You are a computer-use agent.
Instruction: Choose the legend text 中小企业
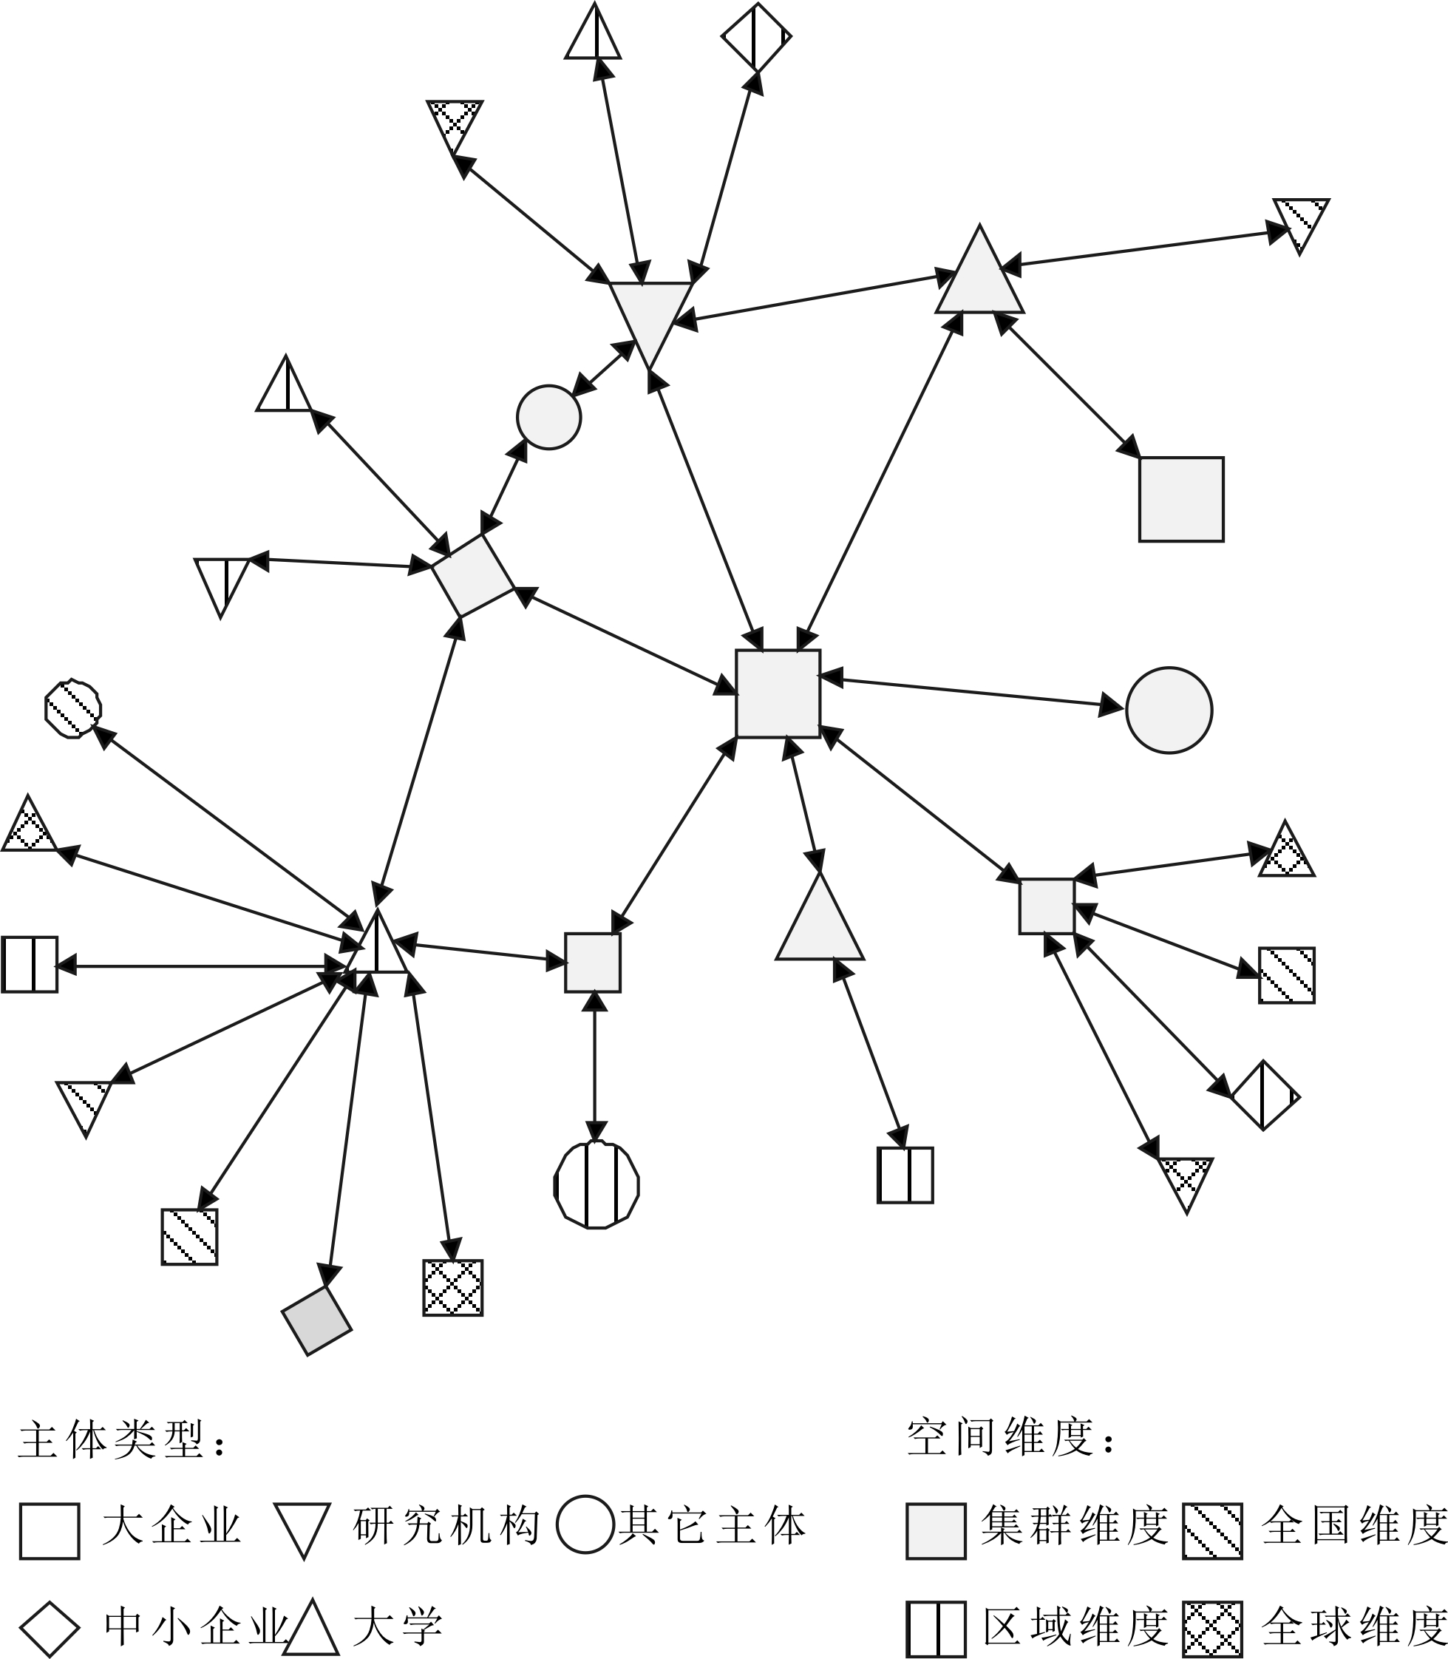coord(197,1626)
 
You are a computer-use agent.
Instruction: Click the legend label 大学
coord(398,1626)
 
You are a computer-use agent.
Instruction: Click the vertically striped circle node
coord(596,1185)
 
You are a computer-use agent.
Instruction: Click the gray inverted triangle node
coord(650,315)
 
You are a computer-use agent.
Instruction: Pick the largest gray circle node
coord(1169,710)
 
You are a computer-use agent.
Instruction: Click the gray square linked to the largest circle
coord(778,693)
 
